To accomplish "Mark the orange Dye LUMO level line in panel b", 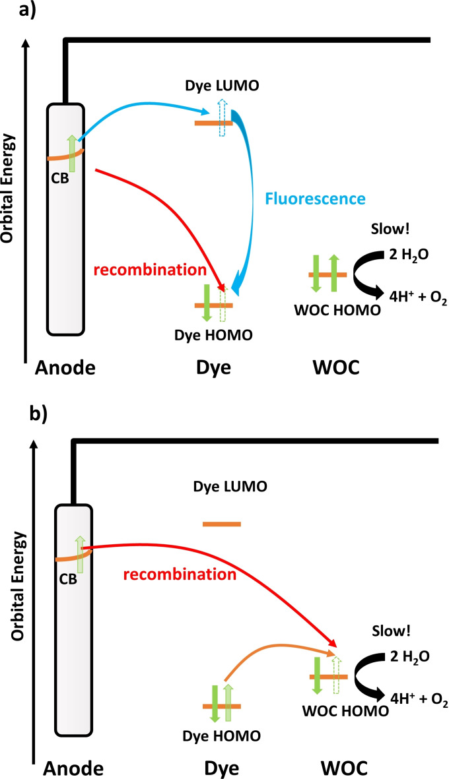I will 223,524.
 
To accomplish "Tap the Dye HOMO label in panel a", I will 215,335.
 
